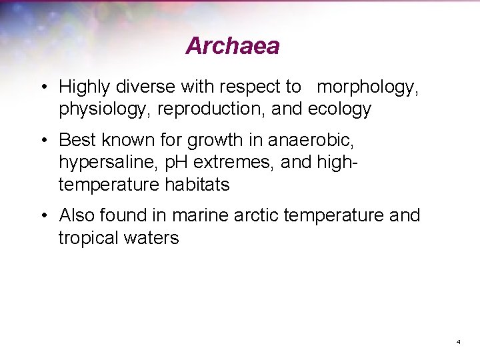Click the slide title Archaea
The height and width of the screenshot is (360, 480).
232,46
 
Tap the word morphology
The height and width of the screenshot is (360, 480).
368,87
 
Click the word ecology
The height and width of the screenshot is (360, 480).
340,109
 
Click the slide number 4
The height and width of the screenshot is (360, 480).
459,341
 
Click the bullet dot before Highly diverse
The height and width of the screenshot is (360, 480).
42,87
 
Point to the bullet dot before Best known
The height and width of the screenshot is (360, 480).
42,141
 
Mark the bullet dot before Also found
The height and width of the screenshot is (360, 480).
42,216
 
